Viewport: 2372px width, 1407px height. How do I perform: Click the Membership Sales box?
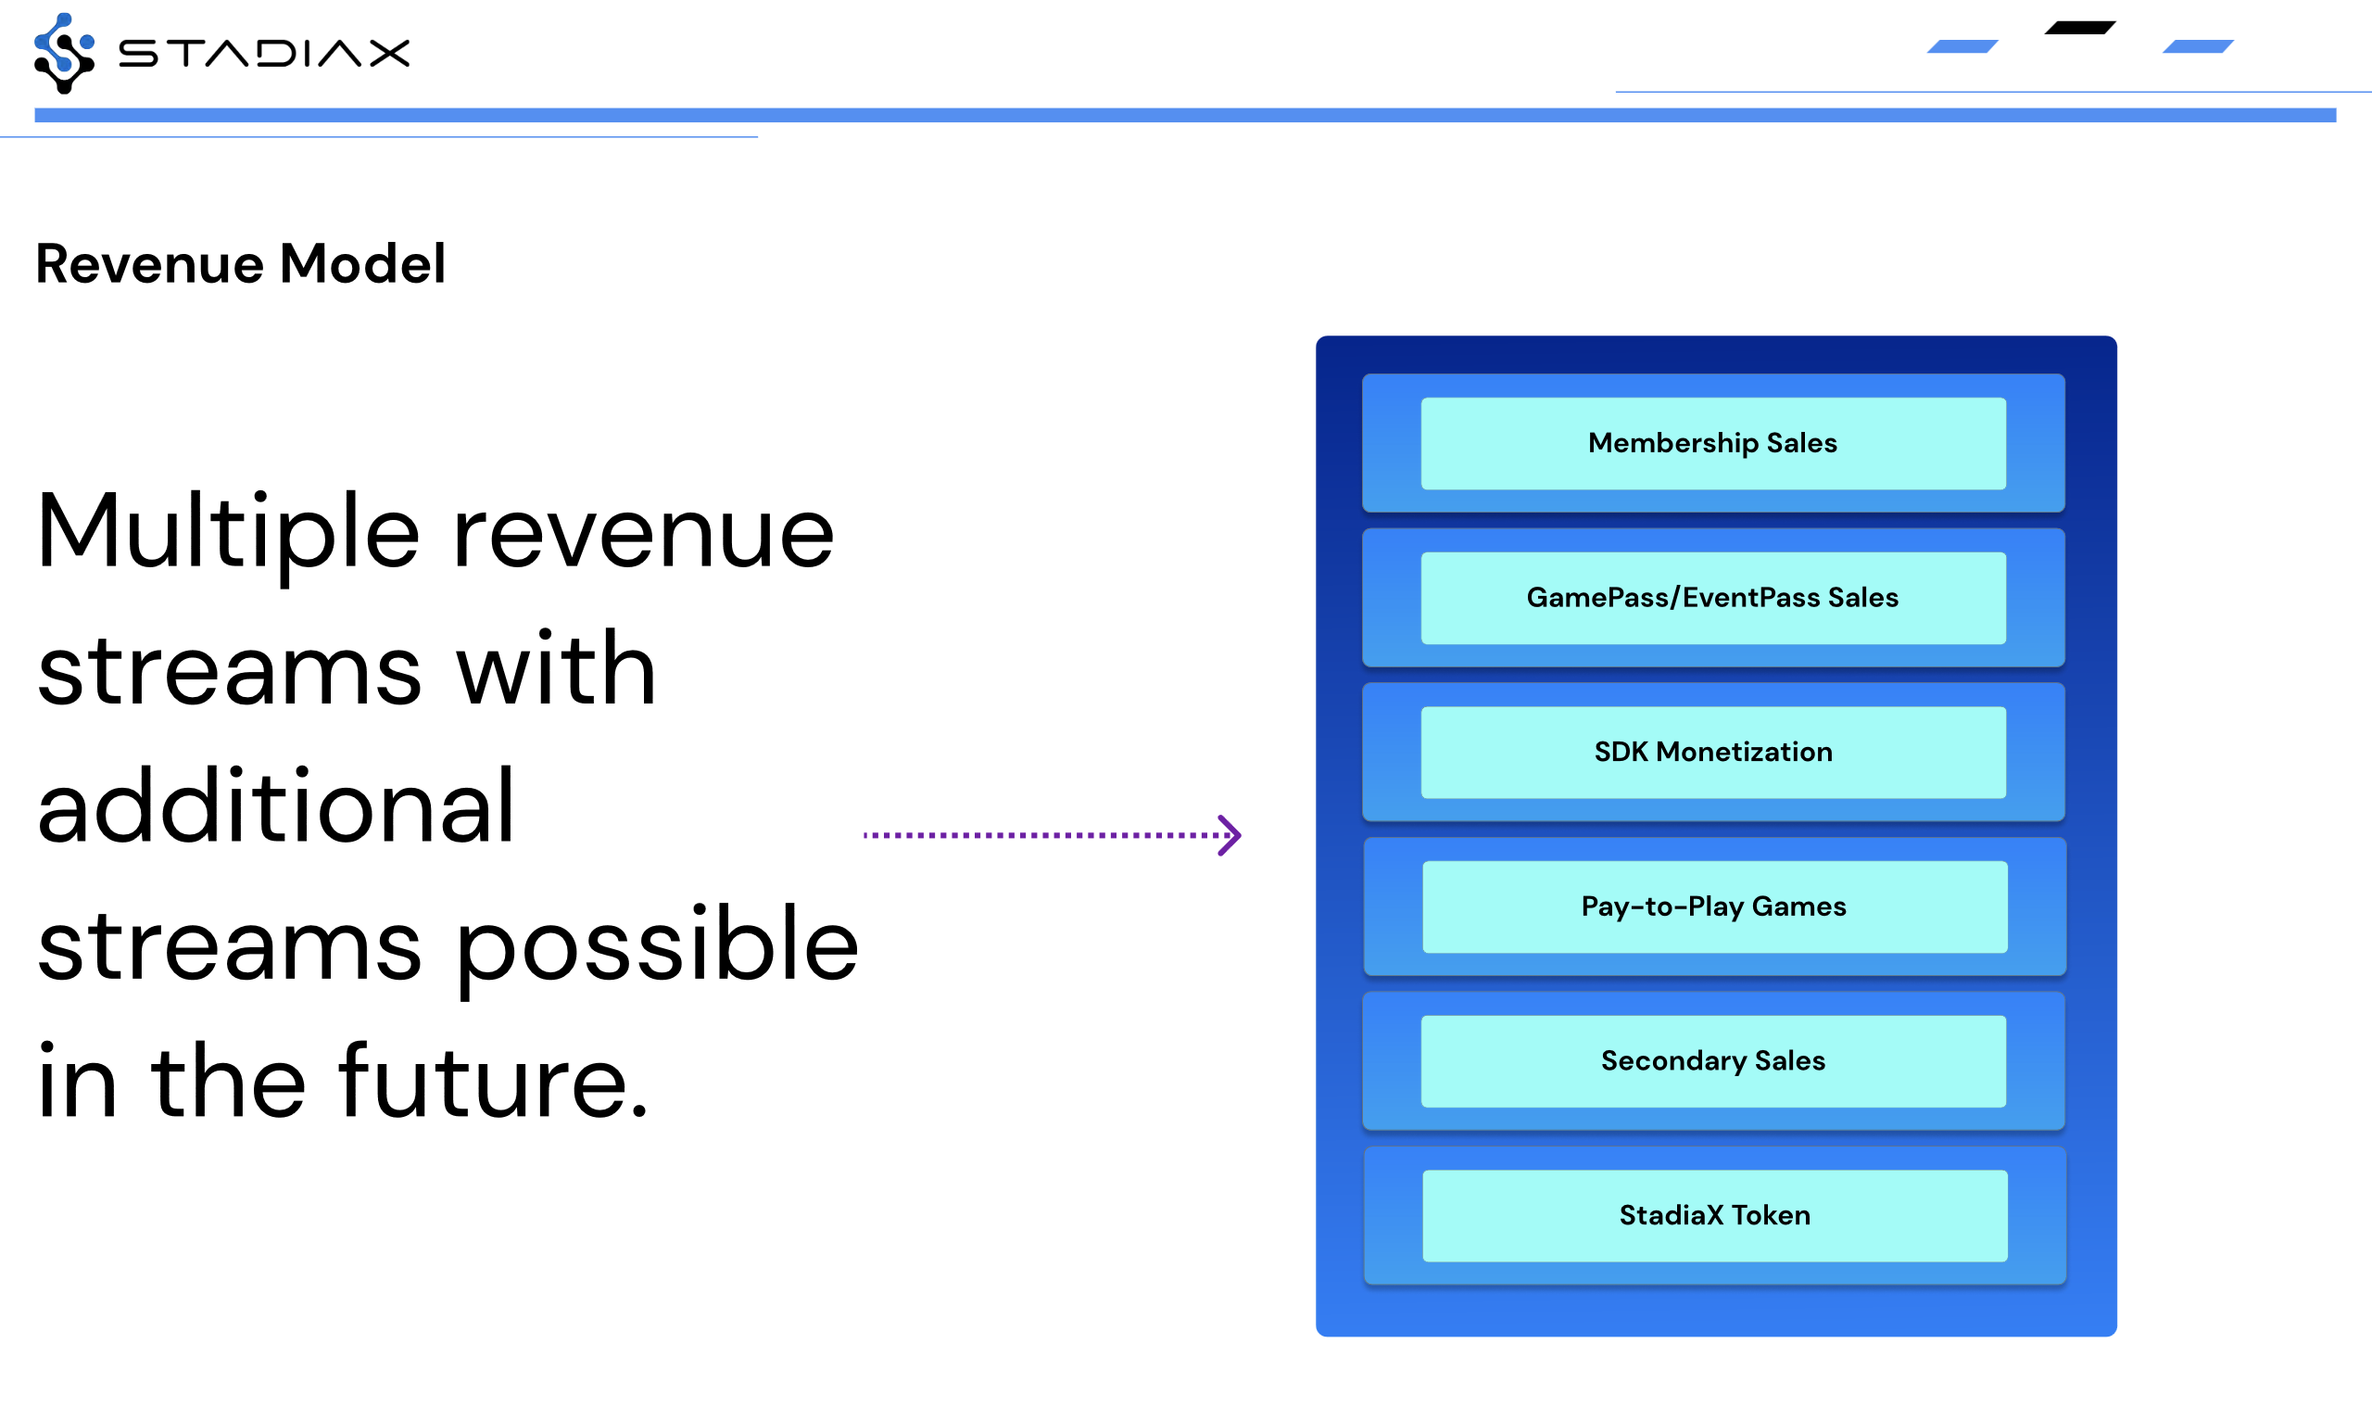[1712, 443]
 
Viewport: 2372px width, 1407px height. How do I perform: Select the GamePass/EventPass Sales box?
[1712, 597]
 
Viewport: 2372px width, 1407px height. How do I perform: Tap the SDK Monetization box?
[1712, 752]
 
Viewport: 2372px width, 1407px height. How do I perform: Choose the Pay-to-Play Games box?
[1714, 906]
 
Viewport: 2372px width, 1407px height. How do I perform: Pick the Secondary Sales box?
[1712, 1061]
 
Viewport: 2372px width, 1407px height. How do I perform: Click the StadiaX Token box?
[1714, 1215]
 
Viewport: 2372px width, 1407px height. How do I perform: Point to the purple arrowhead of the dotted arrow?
[1230, 835]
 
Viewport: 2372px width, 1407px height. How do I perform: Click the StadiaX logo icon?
[65, 53]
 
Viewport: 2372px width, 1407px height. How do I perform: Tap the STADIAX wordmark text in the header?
[264, 53]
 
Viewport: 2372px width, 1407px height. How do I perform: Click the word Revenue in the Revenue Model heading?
[150, 263]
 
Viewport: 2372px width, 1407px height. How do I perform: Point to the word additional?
[276, 805]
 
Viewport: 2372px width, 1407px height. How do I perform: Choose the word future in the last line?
[485, 1081]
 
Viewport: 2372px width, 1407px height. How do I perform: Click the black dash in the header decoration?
[2080, 28]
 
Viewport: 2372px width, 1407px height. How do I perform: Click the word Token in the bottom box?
[1771, 1215]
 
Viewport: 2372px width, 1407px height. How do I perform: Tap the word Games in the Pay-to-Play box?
[1798, 906]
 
